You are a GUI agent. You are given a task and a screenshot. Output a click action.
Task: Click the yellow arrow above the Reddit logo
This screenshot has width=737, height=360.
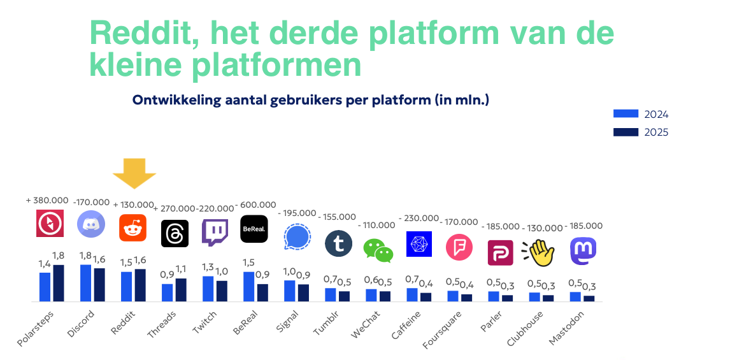pos(134,173)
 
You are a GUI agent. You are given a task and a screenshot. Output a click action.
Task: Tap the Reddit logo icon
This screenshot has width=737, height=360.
pos(133,228)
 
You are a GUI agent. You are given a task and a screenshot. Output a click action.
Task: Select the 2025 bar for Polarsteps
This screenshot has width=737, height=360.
pos(58,283)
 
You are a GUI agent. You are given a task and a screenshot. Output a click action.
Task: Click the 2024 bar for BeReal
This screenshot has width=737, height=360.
pos(249,287)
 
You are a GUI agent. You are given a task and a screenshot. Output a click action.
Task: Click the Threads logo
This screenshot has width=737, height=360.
pos(175,233)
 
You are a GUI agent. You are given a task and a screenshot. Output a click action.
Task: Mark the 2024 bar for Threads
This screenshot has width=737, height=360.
pos(168,292)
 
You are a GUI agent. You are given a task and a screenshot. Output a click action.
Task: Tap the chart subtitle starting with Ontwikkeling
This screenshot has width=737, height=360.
pos(310,100)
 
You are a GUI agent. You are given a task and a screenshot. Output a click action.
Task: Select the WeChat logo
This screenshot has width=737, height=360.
pos(378,250)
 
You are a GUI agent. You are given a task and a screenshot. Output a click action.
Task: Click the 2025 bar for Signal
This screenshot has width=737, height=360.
pos(303,292)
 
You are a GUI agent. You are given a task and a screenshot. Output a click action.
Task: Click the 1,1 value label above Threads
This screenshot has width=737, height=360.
pos(181,269)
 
